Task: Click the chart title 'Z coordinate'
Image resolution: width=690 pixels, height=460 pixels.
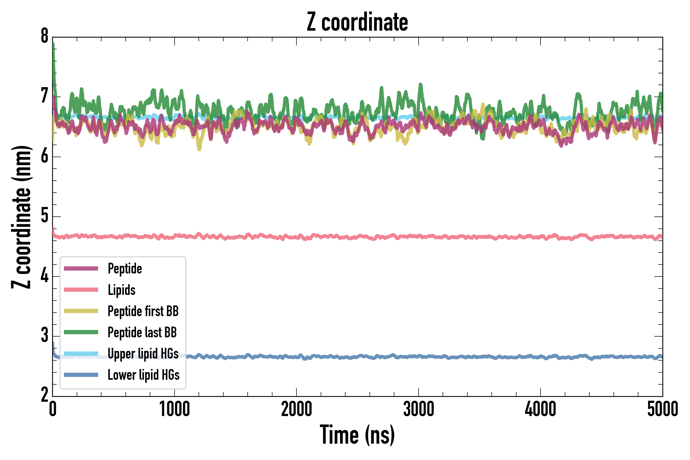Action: coord(357,22)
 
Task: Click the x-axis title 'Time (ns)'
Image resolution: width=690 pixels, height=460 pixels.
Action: coord(357,435)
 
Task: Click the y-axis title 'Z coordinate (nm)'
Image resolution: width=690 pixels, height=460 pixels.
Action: coord(21,217)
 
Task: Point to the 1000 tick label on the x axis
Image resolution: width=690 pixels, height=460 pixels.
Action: coord(174,409)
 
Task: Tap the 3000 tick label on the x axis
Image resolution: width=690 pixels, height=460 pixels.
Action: coord(418,409)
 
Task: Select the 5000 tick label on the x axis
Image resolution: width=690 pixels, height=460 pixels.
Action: coord(662,409)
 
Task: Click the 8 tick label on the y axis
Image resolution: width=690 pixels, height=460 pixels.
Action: coord(44,36)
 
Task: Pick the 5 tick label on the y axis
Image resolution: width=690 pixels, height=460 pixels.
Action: coord(44,216)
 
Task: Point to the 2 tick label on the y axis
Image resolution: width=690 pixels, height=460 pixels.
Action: coord(44,395)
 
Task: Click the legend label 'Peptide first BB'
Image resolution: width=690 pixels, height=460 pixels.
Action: coord(143,311)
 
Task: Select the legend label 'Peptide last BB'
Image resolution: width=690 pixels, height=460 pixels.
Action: coord(142,332)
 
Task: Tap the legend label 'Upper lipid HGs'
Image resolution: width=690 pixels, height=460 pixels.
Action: coord(143,353)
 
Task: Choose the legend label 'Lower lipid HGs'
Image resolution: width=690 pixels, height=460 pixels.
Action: coord(143,375)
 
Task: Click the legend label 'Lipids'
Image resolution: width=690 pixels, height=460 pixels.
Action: coord(121,290)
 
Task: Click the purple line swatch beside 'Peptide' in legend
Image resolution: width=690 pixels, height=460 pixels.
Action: coord(81,268)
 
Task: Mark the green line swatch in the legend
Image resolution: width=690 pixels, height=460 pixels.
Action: coord(81,332)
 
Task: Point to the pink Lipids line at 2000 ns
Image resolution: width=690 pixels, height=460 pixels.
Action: coord(296,236)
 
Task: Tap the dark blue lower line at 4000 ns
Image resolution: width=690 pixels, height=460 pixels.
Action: coord(540,357)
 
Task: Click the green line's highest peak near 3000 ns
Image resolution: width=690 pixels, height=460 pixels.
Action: coord(420,85)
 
